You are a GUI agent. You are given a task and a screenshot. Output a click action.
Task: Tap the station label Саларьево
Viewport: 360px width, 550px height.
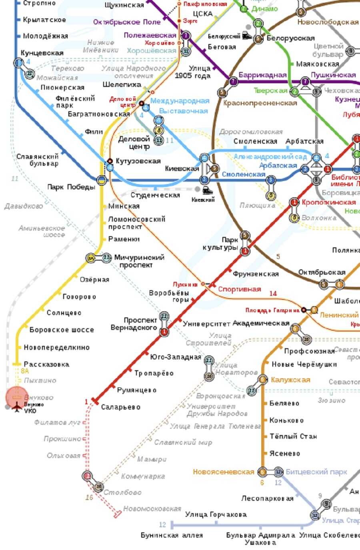(120, 407)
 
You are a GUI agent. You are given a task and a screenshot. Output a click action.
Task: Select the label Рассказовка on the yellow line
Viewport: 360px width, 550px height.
(46, 364)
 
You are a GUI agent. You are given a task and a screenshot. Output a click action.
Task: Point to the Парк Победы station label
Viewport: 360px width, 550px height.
(71, 187)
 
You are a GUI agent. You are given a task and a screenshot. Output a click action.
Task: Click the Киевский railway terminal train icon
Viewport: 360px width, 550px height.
(207, 190)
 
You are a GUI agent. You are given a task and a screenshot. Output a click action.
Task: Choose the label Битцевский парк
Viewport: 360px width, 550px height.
(316, 472)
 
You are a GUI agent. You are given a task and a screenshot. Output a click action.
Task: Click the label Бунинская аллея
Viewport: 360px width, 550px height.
(171, 535)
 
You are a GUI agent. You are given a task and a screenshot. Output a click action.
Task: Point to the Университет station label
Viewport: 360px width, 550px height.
(206, 324)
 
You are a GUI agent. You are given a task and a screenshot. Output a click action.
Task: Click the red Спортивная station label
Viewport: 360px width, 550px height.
(239, 289)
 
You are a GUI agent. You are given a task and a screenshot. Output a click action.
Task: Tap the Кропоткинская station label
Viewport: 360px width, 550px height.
(328, 202)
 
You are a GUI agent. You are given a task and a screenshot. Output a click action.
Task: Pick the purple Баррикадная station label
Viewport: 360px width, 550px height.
(262, 75)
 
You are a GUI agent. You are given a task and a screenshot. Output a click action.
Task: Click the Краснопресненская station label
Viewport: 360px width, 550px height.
(260, 103)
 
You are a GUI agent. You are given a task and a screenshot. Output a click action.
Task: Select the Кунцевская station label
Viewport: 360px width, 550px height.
(42, 53)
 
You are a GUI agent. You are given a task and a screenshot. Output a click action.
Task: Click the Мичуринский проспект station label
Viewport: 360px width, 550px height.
(139, 261)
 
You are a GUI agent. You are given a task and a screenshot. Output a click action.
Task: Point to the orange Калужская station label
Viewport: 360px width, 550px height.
(290, 379)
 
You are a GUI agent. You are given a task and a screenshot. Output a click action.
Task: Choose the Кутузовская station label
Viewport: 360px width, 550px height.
(138, 161)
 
